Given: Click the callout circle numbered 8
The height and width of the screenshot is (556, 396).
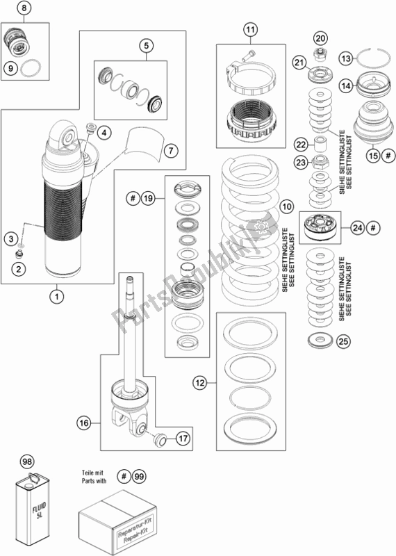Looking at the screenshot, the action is (x=24, y=8).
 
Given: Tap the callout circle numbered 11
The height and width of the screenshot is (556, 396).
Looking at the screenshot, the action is (x=250, y=29).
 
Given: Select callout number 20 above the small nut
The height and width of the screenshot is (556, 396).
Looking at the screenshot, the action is (x=320, y=38).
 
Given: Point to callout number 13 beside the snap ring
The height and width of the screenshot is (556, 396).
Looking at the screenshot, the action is (x=347, y=58).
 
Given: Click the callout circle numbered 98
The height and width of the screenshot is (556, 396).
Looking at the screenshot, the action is (x=27, y=462).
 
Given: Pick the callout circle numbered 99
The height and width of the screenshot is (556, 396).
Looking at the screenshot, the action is (x=139, y=477).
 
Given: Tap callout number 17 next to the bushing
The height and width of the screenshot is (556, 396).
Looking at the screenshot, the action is (x=183, y=439).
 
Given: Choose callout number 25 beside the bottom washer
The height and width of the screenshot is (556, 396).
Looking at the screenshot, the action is (x=343, y=341).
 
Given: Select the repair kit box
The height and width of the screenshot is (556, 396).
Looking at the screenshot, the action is (x=117, y=523).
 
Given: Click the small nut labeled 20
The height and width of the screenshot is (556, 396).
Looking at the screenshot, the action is (x=320, y=54).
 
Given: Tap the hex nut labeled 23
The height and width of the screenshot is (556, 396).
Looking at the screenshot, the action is (x=320, y=162).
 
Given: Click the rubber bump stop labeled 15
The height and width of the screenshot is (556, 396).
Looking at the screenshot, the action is (x=373, y=124).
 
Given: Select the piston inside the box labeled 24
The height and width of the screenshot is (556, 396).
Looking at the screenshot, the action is (x=320, y=227).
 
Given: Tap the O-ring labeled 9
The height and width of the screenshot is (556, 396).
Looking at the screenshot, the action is (x=30, y=67).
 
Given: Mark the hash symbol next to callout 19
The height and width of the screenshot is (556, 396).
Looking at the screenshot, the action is (x=133, y=198).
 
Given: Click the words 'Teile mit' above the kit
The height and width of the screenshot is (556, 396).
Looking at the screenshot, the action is (x=92, y=473).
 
